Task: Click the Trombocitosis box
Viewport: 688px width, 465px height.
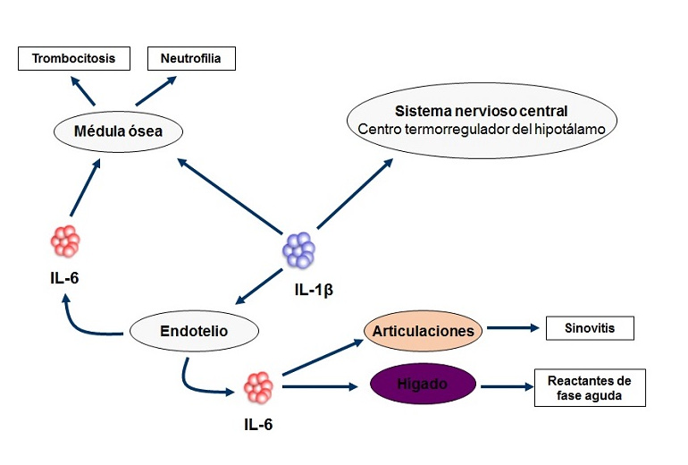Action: (x=73, y=60)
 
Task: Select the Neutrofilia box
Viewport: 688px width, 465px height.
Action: (x=191, y=60)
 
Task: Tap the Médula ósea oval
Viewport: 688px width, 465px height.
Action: (x=118, y=132)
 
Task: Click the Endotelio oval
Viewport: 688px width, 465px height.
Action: (x=195, y=331)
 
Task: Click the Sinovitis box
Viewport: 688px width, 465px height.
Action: (x=589, y=328)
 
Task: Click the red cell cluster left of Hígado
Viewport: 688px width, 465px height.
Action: (x=259, y=387)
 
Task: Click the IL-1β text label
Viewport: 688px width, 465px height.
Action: (x=313, y=291)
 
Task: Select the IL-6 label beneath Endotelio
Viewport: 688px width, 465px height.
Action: (x=259, y=423)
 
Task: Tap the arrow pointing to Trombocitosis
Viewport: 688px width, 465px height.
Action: (x=83, y=90)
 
